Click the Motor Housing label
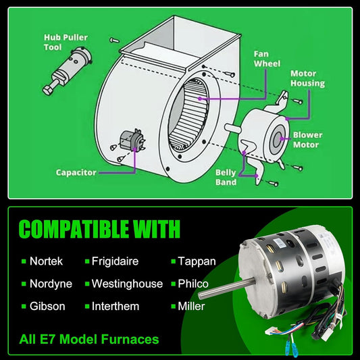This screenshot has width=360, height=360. point(307,78)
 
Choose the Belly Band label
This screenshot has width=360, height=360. point(226,177)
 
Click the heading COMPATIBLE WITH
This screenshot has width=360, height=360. point(99,228)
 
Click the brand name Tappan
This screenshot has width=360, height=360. point(197,261)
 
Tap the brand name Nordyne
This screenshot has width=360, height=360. point(51,284)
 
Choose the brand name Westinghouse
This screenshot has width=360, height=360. point(127,284)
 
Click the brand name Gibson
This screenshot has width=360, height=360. point(47,306)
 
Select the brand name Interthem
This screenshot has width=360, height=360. point(115,306)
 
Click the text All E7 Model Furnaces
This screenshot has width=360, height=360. point(89,339)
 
